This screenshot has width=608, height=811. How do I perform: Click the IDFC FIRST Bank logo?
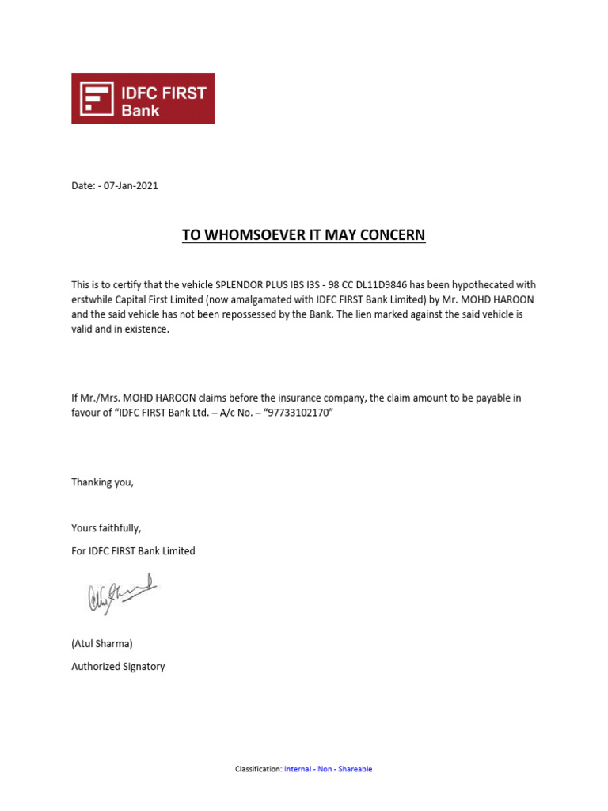pos(142,98)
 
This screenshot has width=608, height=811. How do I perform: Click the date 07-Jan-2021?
pos(131,186)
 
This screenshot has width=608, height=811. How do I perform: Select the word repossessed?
pos(290,314)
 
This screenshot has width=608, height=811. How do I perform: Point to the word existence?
pos(147,329)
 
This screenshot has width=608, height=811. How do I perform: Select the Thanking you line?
pos(103,482)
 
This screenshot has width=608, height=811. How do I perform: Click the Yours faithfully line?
pos(106,528)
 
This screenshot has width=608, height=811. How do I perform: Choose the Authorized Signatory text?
pos(118,667)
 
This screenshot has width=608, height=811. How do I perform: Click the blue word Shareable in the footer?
pos(355,769)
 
